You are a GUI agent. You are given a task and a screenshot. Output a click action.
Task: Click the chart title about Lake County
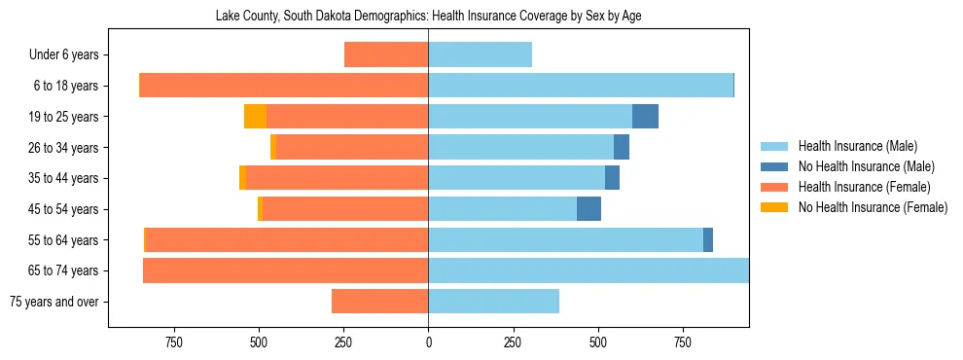pyautogui.click(x=428, y=17)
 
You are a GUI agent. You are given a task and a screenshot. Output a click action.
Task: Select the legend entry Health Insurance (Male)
pyautogui.click(x=851, y=146)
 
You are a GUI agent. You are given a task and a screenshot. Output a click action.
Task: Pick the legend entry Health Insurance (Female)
pyautogui.click(x=856, y=187)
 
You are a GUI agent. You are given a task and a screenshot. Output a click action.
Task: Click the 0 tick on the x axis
pyautogui.click(x=428, y=342)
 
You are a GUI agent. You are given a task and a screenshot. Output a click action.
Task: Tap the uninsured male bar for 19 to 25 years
pyautogui.click(x=645, y=117)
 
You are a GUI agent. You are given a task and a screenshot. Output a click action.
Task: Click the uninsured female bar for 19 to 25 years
pyautogui.click(x=255, y=117)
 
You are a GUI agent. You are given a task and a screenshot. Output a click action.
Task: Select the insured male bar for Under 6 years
pyautogui.click(x=480, y=55)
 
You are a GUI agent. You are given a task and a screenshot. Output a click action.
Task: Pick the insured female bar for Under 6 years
pyautogui.click(x=386, y=55)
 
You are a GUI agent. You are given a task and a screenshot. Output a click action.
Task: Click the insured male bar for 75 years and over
pyautogui.click(x=493, y=302)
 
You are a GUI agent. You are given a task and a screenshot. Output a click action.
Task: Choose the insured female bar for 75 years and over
pyautogui.click(x=379, y=302)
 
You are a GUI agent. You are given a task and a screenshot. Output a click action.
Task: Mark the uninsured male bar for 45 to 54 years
pyautogui.click(x=588, y=209)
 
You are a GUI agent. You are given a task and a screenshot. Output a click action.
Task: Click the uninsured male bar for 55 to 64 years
pyautogui.click(x=708, y=240)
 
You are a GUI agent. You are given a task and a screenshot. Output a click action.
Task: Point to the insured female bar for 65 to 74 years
pyautogui.click(x=285, y=270)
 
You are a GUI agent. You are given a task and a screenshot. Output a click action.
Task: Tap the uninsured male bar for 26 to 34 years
pyautogui.click(x=622, y=148)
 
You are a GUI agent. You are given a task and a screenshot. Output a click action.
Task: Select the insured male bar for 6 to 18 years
pyautogui.click(x=581, y=86)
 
